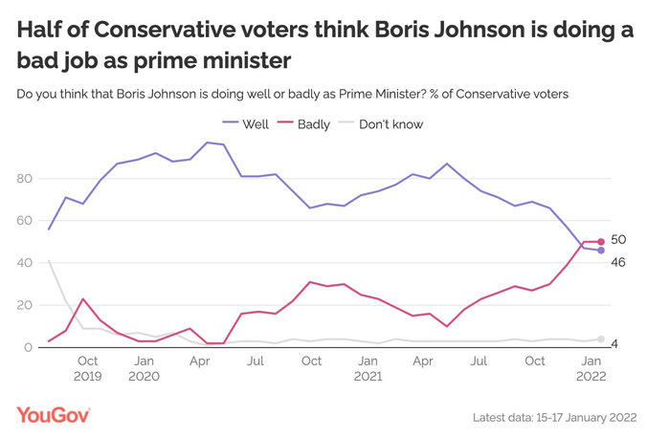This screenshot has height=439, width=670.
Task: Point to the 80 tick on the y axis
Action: [24, 179]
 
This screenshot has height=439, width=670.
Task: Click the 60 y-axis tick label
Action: [24, 221]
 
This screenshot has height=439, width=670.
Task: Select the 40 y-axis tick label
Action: [24, 263]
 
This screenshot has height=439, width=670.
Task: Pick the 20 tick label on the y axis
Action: [24, 305]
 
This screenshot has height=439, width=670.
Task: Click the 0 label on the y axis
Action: [28, 347]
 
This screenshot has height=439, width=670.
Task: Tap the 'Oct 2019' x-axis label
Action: [86, 368]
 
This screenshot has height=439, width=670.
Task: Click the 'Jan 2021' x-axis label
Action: [367, 368]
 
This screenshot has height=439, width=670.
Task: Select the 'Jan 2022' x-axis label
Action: [592, 368]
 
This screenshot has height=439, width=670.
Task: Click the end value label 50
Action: [618, 240]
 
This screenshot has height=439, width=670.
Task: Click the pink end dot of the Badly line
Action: [601, 242]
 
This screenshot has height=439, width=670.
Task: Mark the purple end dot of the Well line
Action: [601, 251]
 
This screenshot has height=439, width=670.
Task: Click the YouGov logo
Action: [54, 415]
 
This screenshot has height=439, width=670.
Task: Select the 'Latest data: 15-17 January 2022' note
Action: [554, 418]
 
